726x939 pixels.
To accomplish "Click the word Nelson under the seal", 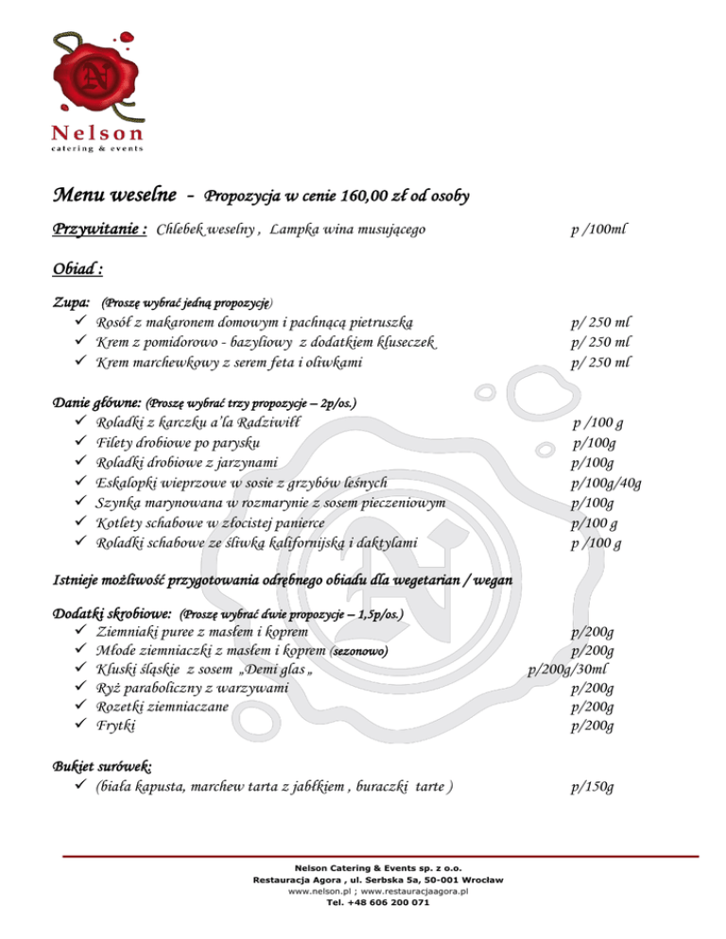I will (92, 133).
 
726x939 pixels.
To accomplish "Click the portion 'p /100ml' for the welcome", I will (599, 230).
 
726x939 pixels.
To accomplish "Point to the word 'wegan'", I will (489, 579).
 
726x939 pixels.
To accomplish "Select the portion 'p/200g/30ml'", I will (573, 671).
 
